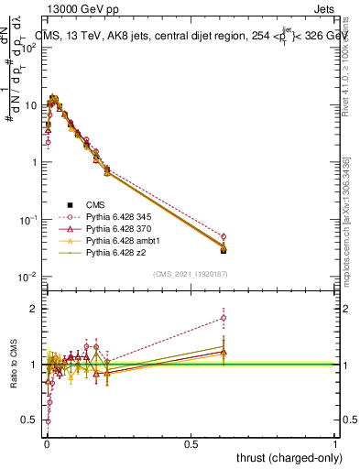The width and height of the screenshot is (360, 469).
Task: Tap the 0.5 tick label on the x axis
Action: point(191,442)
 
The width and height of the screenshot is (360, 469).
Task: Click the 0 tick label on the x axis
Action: point(46,442)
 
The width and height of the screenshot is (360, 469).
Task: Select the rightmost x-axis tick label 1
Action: point(336,442)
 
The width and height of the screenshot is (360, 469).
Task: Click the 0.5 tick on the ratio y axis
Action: point(33,420)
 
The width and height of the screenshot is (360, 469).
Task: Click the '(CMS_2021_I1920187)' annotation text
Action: point(191,273)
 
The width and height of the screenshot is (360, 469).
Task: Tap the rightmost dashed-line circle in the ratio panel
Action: point(224,319)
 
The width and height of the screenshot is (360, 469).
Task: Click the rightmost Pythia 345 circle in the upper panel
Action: point(224,236)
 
